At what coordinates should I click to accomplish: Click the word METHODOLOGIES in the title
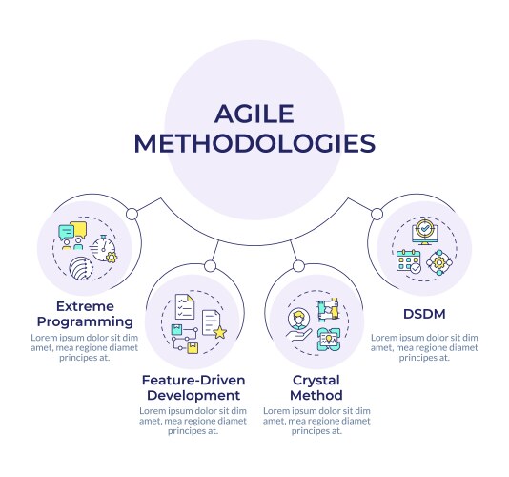point(254,143)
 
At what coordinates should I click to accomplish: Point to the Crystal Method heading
point(316,386)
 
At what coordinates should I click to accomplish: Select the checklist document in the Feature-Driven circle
point(184,307)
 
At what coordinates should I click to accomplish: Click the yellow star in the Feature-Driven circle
point(220,332)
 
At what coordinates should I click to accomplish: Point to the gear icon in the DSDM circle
point(438,261)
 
